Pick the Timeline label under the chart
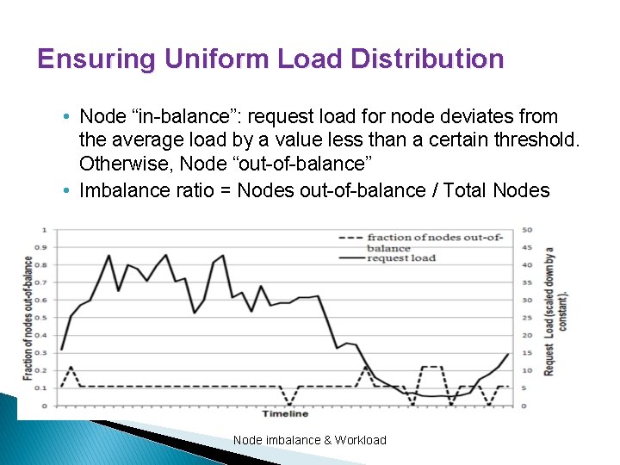[285, 413]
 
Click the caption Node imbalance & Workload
[309, 440]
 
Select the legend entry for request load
[400, 257]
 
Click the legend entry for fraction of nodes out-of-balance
[433, 241]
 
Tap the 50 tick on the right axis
[527, 230]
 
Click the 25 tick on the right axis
[527, 318]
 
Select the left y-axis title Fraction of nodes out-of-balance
[28, 318]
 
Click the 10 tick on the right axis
[527, 370]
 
